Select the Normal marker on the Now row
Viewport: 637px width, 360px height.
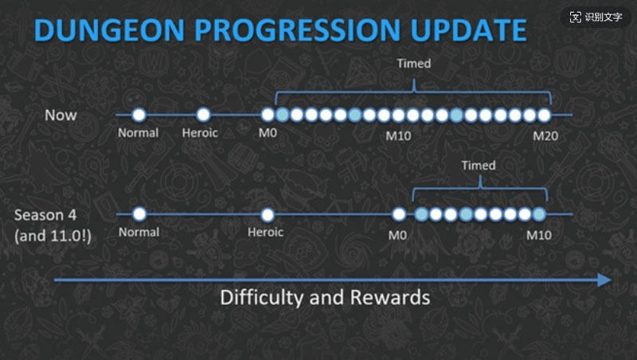[139, 115]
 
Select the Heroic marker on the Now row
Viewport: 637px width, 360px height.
[203, 115]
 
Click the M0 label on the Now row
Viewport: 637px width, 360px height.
[267, 133]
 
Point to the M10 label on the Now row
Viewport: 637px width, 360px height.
[398, 136]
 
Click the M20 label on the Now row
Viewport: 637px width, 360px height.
[545, 136]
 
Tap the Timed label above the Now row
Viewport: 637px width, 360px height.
[413, 64]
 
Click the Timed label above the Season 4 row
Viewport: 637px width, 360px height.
[479, 166]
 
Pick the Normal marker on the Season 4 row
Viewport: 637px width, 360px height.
[139, 214]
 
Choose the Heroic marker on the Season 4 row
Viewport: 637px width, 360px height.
[268, 214]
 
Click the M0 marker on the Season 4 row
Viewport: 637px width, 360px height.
[399, 214]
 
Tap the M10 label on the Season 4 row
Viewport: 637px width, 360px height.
[538, 235]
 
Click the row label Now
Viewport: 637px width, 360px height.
[61, 115]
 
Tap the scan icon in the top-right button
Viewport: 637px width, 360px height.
[576, 17]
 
